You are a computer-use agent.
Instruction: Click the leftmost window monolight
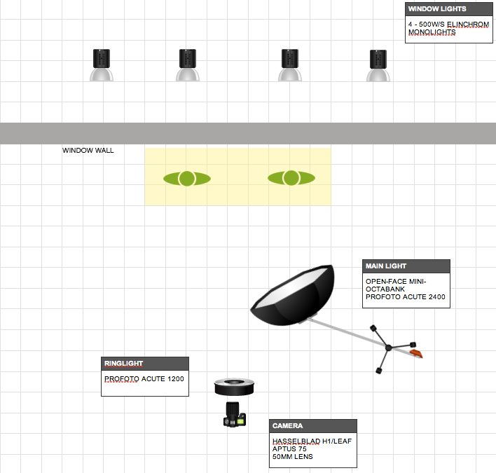[x=102, y=65]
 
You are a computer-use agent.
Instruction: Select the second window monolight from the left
[x=187, y=65]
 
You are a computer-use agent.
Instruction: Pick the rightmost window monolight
[x=378, y=65]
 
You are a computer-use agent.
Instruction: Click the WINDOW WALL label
[x=88, y=150]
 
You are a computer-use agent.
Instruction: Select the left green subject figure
[x=187, y=179]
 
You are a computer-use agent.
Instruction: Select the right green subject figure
[x=291, y=178]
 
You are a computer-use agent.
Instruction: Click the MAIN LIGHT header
[x=385, y=266]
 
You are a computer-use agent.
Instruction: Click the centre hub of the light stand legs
[x=387, y=348]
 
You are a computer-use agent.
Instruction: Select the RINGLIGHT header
[x=123, y=364]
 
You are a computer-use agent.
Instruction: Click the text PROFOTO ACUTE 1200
[x=144, y=379]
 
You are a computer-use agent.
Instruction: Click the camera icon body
[x=234, y=415]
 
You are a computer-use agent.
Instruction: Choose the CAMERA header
[x=288, y=425]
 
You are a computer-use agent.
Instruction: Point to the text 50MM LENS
[x=293, y=457]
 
